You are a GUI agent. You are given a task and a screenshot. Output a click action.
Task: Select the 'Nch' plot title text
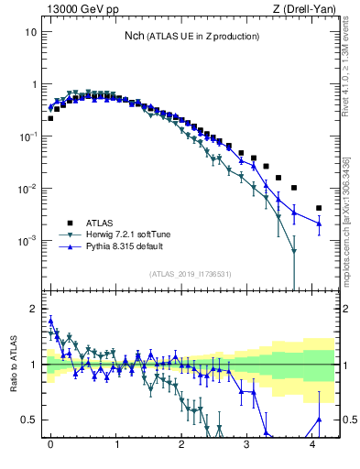point(138,36)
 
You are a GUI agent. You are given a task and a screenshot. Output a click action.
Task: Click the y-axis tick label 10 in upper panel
point(30,32)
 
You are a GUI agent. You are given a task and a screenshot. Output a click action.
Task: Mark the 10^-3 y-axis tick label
point(28,241)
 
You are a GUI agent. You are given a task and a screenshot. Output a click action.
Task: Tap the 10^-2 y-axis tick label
point(28,189)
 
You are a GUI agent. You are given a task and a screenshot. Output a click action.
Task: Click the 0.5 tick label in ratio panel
point(30,420)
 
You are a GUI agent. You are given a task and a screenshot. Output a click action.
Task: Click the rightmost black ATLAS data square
point(318,208)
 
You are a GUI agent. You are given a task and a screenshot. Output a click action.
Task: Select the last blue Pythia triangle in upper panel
point(318,223)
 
